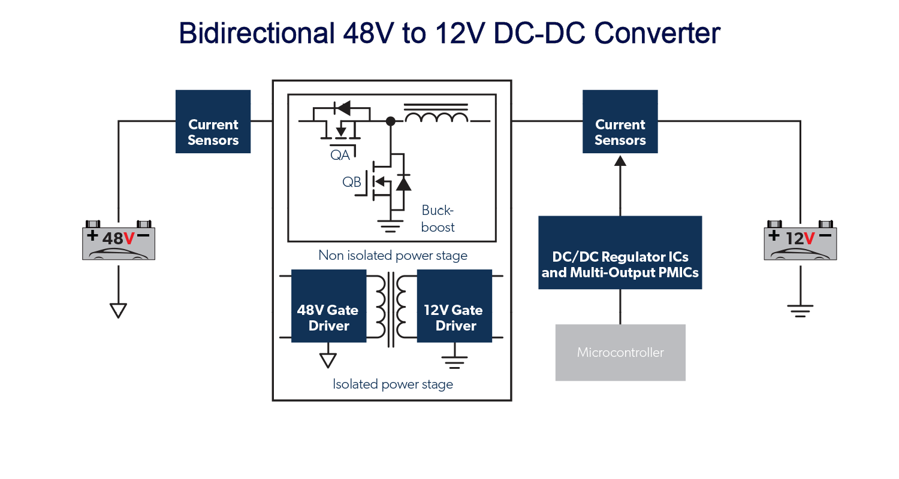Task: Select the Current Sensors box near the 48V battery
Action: tap(213, 122)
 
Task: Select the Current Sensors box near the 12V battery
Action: tap(620, 122)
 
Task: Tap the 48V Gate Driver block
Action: tap(328, 306)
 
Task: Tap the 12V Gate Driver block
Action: tap(454, 306)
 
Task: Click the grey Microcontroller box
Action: tap(620, 352)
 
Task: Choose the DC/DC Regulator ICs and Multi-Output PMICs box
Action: tap(620, 253)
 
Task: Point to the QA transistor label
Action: tap(340, 155)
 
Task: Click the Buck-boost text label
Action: tap(438, 219)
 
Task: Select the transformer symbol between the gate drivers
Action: tap(391, 308)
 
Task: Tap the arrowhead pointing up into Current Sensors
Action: tap(620, 160)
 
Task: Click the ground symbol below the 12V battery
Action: tap(800, 310)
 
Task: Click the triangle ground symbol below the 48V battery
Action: tap(118, 310)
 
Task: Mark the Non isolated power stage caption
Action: tap(393, 256)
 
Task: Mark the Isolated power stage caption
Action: tap(393, 384)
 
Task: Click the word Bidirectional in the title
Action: tap(255, 34)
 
